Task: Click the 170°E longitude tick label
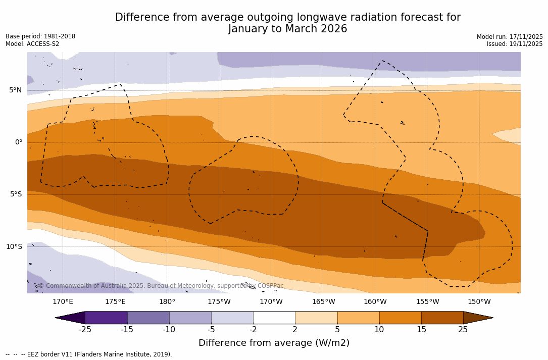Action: pyautogui.click(x=63, y=302)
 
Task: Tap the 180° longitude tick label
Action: pyautogui.click(x=167, y=302)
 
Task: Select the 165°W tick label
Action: pyautogui.click(x=323, y=302)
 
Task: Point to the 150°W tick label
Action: pyautogui.click(x=479, y=302)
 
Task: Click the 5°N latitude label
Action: pyautogui.click(x=15, y=90)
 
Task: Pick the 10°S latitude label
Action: pyautogui.click(x=14, y=247)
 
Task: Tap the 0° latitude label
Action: pyautogui.click(x=18, y=142)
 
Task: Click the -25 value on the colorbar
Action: pyautogui.click(x=85, y=330)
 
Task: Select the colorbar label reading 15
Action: pyautogui.click(x=421, y=330)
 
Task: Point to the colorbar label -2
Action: pyautogui.click(x=253, y=330)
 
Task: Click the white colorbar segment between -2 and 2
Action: pyautogui.click(x=274, y=318)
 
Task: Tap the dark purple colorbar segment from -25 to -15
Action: pyautogui.click(x=106, y=318)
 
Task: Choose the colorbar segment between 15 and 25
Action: pyautogui.click(x=442, y=318)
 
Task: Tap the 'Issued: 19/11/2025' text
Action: pyautogui.click(x=514, y=44)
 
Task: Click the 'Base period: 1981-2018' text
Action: pyautogui.click(x=40, y=36)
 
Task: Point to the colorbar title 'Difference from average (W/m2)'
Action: pyautogui.click(x=274, y=343)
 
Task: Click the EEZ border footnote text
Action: pyautogui.click(x=89, y=354)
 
